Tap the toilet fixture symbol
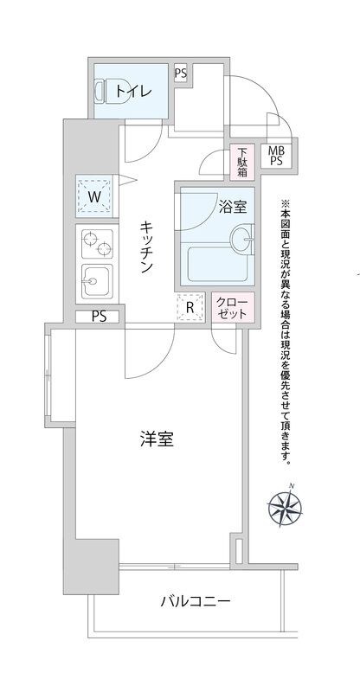(101, 90)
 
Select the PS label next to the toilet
(181, 73)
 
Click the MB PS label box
(276, 155)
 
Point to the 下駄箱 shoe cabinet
(243, 161)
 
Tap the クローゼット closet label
(233, 308)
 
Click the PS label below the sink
(99, 317)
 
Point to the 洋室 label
(157, 439)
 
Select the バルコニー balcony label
(195, 601)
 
